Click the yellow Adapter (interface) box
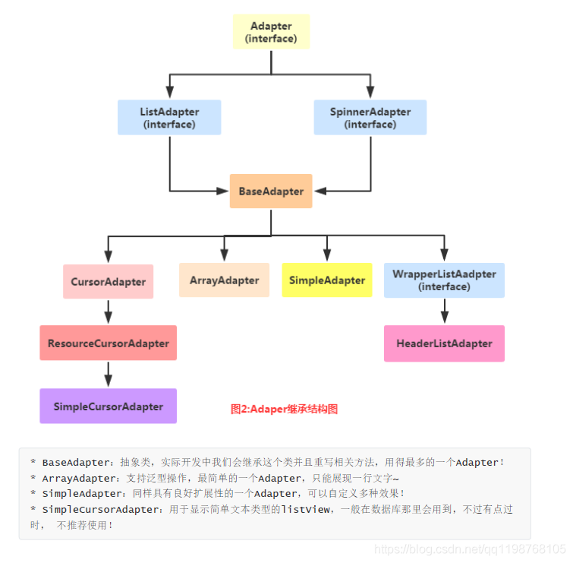pos(271,32)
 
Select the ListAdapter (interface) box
pos(169,118)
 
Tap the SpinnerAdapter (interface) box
pos(370,118)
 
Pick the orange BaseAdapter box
pos(271,191)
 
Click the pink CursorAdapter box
pos(109,282)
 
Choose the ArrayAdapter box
pos(224,280)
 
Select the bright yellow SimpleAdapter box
pos(327,280)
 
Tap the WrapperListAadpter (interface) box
pos(445,280)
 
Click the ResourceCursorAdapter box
pos(109,343)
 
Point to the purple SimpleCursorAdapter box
pos(109,406)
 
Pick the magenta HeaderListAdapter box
pos(445,343)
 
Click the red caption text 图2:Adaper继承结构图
pos(284,409)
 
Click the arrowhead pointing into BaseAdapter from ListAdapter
pos(222,191)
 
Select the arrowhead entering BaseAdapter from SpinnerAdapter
pos(320,191)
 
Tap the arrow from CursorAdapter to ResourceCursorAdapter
pos(109,312)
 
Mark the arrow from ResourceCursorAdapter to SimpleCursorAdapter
pos(109,375)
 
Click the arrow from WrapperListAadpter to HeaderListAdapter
pos(445,311)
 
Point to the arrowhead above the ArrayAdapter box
pos(224,255)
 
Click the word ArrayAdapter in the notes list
pos(79,479)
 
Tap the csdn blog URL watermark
pos(470,549)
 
